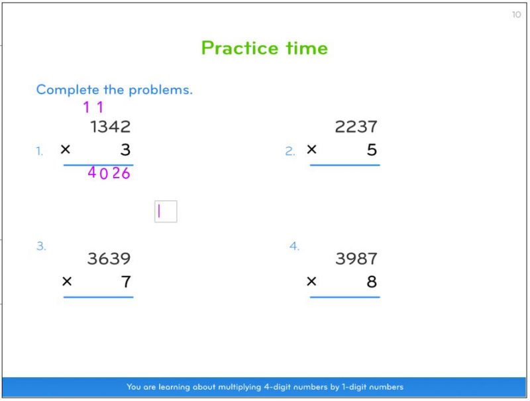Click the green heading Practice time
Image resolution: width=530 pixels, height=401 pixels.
tap(264, 48)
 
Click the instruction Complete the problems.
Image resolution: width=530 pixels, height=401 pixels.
tap(114, 89)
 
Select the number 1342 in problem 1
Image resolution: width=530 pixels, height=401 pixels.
tap(110, 127)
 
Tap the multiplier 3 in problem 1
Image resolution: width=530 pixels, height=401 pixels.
tap(125, 149)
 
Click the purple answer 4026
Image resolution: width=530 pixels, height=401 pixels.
tap(109, 173)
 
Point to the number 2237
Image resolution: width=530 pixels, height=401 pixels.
tap(356, 127)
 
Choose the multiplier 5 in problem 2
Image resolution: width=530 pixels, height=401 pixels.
tap(372, 149)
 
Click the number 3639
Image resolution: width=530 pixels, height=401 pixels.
tap(109, 258)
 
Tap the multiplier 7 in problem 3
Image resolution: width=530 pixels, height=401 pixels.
tap(126, 282)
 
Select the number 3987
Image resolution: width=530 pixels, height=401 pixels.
tap(356, 258)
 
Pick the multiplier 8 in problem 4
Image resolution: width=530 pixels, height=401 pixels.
tap(372, 282)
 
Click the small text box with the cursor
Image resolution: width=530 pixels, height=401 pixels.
tap(166, 211)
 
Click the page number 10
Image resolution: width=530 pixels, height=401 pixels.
tap(516, 15)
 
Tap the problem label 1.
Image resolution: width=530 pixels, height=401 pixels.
tap(40, 151)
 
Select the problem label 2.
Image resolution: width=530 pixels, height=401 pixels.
tap(290, 151)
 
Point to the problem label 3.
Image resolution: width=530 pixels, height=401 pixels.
tap(41, 246)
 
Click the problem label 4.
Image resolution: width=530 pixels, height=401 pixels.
tap(294, 246)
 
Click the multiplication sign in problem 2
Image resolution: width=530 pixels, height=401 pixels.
tap(311, 149)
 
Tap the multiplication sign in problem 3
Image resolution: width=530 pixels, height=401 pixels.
tap(67, 281)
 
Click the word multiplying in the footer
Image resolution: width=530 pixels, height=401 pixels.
tap(239, 387)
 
